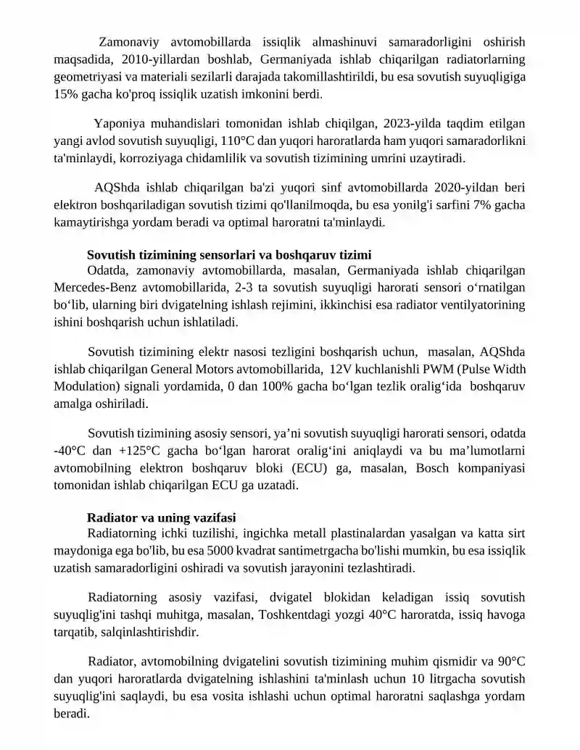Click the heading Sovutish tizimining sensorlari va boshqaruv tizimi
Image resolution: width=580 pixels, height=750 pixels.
click(229, 254)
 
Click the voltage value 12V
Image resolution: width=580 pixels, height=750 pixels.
click(341, 370)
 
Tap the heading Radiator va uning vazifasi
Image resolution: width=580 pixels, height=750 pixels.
click(161, 517)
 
